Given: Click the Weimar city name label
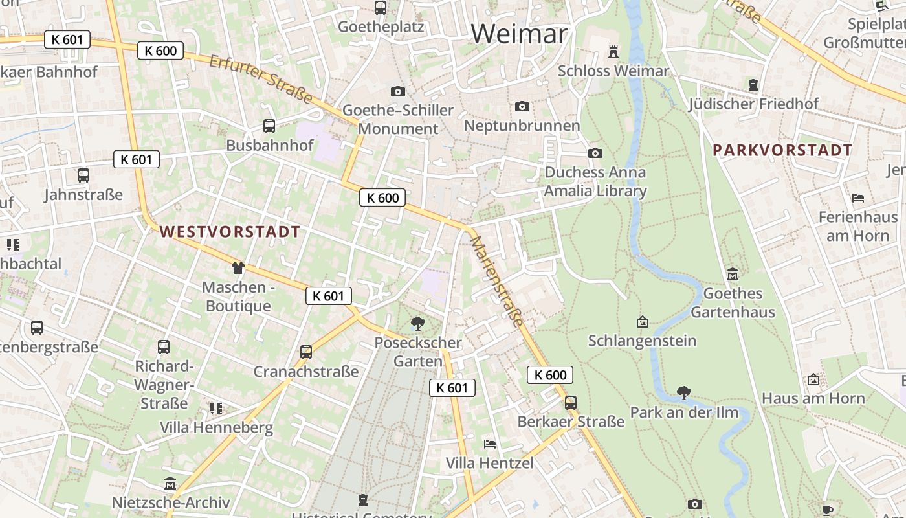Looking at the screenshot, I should click(x=519, y=34).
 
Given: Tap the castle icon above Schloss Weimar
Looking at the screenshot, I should click(x=613, y=51).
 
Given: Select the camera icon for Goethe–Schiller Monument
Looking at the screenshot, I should click(x=397, y=91).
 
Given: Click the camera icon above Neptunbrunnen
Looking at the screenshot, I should click(x=522, y=106).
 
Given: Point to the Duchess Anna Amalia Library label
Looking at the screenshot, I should click(x=595, y=182).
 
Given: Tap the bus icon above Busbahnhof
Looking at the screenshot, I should click(x=269, y=126).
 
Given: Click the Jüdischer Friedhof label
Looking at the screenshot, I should click(x=753, y=104).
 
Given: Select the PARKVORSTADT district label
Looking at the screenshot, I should click(x=782, y=150).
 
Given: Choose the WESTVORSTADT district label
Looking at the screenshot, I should click(x=230, y=232).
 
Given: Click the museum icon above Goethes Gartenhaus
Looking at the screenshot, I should click(x=732, y=274).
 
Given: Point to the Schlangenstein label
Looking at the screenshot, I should click(x=642, y=341).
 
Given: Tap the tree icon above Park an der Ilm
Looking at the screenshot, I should click(x=683, y=392).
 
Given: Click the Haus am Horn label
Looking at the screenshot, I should click(x=813, y=398).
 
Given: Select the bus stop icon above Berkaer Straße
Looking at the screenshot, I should click(x=570, y=402).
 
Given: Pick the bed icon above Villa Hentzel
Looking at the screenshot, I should click(x=490, y=444).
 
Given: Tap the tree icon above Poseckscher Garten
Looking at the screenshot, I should click(x=418, y=322).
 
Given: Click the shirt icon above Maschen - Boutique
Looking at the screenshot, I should click(x=238, y=267).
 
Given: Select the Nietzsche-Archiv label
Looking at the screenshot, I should click(x=171, y=502).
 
